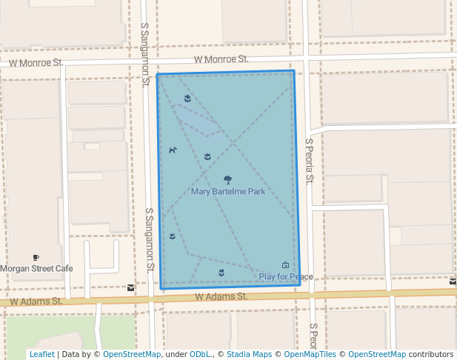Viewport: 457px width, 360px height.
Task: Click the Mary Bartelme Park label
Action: click(227, 192)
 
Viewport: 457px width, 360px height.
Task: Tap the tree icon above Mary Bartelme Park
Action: click(227, 179)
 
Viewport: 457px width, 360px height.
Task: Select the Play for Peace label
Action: click(286, 277)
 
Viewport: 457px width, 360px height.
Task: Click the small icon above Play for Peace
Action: click(285, 265)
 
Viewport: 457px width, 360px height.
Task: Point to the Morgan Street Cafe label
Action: click(36, 268)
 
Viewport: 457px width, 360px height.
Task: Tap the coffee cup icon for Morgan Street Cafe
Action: click(36, 258)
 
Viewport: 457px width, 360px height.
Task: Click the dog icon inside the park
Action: click(173, 150)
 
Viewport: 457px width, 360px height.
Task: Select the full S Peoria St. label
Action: click(310, 160)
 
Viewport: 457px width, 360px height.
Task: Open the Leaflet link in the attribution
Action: click(41, 355)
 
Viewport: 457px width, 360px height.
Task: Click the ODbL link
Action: click(199, 355)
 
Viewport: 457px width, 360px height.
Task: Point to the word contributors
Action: click(431, 355)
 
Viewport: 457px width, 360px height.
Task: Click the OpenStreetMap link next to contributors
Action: click(377, 355)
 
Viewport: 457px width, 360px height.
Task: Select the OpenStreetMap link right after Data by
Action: click(132, 355)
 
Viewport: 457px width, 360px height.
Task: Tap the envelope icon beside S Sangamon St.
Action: click(131, 287)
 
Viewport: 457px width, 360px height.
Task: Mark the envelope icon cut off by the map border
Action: click(453, 281)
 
